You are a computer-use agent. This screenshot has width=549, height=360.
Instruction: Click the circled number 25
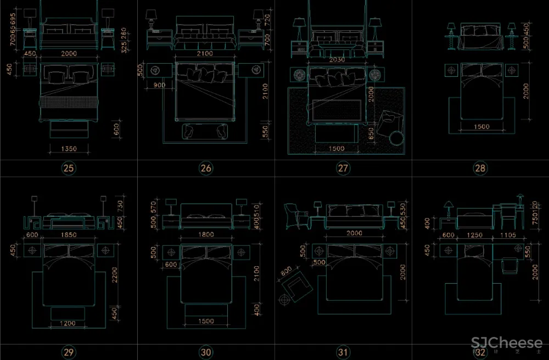tap(69, 168)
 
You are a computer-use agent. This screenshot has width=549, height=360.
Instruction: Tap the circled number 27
tap(343, 168)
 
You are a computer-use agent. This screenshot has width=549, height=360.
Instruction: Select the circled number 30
tap(206, 352)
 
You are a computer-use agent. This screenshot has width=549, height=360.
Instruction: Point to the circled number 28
tap(480, 168)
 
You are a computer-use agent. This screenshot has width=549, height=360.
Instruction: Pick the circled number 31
tap(343, 352)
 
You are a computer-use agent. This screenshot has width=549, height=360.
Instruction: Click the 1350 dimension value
tap(69, 149)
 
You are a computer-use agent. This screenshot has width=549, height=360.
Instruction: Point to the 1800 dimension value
tap(206, 234)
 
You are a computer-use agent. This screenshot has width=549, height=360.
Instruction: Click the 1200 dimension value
tap(69, 323)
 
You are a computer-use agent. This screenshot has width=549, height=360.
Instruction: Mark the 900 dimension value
tap(159, 85)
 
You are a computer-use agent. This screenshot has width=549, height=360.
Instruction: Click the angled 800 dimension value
tap(286, 272)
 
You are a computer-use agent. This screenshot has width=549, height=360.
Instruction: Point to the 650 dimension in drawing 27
tap(372, 133)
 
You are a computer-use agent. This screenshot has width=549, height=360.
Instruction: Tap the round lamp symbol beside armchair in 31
tap(284, 300)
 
